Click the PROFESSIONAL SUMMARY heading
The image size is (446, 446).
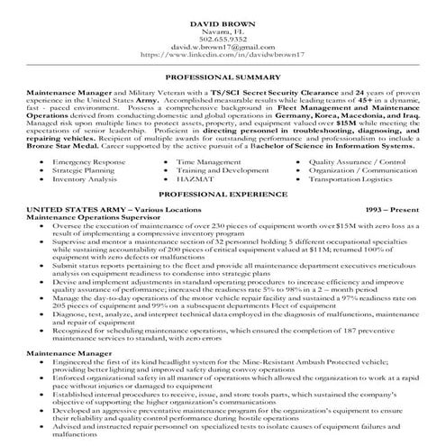coord(223,79)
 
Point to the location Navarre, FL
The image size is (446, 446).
coord(223,29)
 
